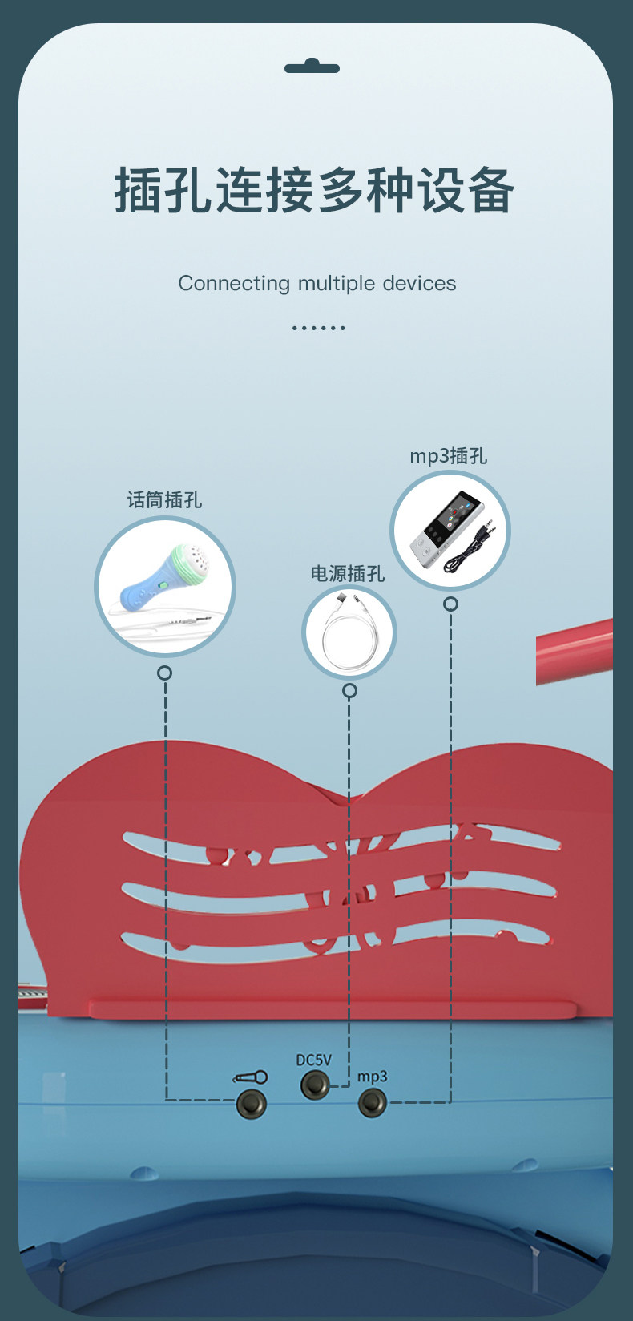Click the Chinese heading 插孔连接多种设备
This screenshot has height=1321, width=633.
pyautogui.click(x=314, y=190)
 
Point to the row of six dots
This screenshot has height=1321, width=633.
pyautogui.click(x=318, y=328)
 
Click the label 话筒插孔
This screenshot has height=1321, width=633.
pyautogui.click(x=164, y=500)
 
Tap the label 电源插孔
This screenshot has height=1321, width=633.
pyautogui.click(x=348, y=574)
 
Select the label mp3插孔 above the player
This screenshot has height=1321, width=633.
pyautogui.click(x=448, y=456)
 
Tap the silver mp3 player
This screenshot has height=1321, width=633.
pyautogui.click(x=438, y=531)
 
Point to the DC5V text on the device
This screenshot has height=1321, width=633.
pyautogui.click(x=313, y=1060)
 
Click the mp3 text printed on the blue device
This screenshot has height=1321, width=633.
pyautogui.click(x=372, y=1076)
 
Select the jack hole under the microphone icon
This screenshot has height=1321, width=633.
pyautogui.click(x=251, y=1104)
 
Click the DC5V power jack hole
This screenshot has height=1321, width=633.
pyautogui.click(x=314, y=1085)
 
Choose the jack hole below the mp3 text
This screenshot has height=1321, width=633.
pyautogui.click(x=372, y=1103)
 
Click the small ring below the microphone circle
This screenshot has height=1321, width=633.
pyautogui.click(x=164, y=673)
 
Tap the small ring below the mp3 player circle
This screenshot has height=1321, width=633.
pyautogui.click(x=450, y=604)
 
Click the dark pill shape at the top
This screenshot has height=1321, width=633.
pyautogui.click(x=312, y=67)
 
